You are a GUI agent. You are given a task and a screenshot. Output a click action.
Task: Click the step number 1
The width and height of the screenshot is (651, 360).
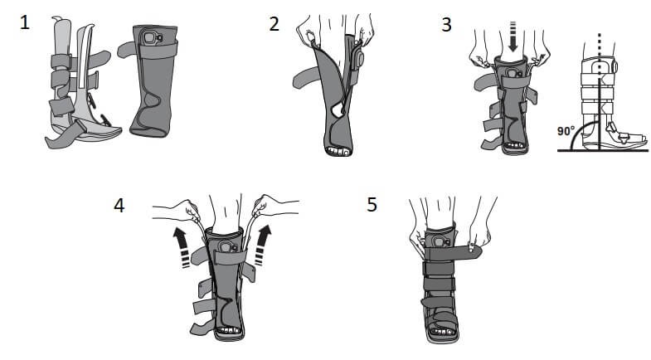tap(25, 23)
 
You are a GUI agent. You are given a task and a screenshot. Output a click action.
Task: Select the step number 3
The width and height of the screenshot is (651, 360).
tap(447, 23)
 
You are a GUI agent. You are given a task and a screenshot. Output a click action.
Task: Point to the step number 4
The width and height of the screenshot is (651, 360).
tap(119, 205)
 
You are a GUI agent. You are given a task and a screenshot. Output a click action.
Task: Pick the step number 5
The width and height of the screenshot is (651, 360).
tap(371, 203)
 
